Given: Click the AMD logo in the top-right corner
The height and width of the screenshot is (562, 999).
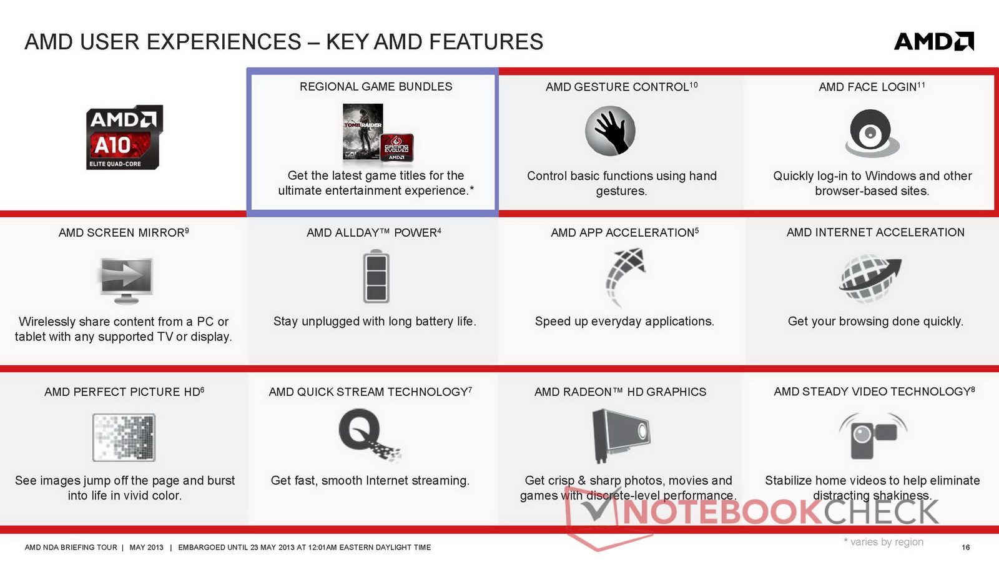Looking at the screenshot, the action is pos(934,41).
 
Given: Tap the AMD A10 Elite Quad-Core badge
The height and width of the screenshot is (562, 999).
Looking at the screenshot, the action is pos(124,137).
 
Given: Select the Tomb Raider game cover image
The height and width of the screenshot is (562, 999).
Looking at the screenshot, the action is pos(363,132).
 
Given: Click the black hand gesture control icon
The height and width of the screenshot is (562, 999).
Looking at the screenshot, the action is pos(609,131).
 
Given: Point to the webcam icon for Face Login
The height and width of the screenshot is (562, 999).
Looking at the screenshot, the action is pos(872,133).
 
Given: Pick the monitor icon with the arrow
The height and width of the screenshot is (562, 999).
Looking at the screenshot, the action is pos(127,280).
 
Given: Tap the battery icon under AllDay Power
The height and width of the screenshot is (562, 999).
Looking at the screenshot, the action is pos(376,276).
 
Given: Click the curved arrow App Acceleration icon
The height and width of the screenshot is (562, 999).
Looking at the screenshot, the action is pos(625,277).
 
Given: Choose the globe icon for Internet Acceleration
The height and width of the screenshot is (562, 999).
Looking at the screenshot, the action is pos(870,279).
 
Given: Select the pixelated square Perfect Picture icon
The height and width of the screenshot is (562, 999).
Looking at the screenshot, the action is pos(124,437).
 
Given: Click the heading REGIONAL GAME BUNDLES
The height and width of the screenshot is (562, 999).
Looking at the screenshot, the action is pos(375,87).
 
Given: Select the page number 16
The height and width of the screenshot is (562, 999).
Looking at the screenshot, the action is pos(965,547).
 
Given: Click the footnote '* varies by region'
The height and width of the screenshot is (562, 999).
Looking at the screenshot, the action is pos(883,542).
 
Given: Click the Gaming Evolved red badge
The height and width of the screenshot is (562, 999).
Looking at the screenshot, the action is pos(396,147).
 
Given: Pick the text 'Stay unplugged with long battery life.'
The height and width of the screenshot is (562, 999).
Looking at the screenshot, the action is pos(375,322).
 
